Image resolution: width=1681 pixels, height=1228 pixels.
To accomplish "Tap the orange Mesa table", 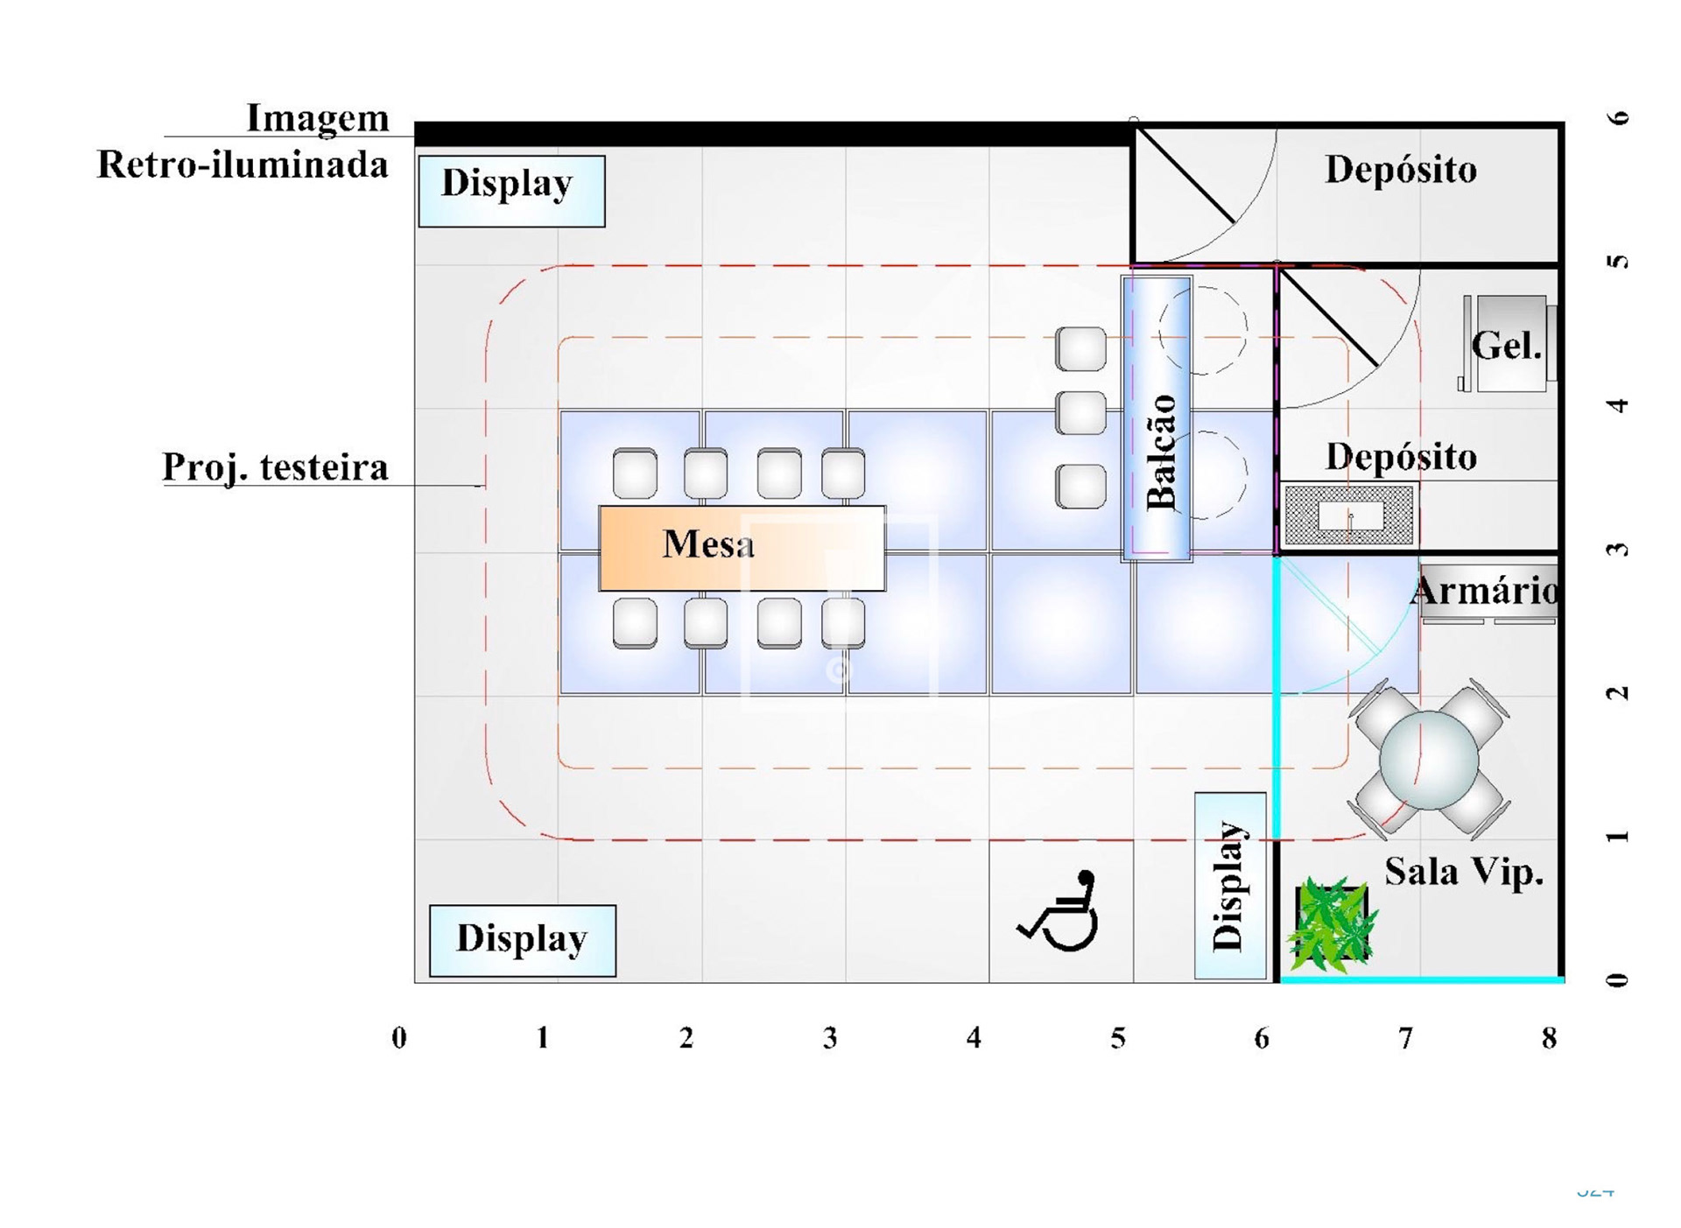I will (x=742, y=548).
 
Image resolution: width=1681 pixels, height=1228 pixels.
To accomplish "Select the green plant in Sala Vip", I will (x=1331, y=924).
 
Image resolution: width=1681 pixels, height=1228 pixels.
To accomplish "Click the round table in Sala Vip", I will (x=1428, y=759).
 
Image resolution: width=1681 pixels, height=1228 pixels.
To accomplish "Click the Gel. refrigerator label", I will (x=1506, y=347).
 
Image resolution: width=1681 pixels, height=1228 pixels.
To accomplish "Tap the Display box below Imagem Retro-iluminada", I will (x=511, y=191).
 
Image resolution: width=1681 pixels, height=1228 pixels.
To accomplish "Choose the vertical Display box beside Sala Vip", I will (x=1229, y=886).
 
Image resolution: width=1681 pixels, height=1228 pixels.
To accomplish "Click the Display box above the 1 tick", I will (x=523, y=940).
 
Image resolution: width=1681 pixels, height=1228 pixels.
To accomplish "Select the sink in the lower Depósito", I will (x=1348, y=516).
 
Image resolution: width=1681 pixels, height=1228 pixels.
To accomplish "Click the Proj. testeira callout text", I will (x=275, y=467).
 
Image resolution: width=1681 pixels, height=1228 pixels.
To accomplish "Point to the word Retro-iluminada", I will (x=243, y=165).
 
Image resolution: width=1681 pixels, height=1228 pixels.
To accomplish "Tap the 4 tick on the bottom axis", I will (x=974, y=1038).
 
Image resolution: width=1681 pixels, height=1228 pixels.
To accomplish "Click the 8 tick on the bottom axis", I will (x=1549, y=1038).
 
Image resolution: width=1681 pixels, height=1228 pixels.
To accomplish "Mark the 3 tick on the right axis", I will (x=1619, y=550).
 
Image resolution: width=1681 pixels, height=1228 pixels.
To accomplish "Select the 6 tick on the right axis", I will (x=1619, y=117).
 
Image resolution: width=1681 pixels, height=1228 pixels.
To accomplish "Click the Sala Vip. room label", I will (x=1463, y=872).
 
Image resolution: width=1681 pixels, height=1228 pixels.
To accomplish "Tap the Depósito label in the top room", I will (x=1400, y=170).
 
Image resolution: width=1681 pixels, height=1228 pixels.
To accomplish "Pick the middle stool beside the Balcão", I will (x=1080, y=413).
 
